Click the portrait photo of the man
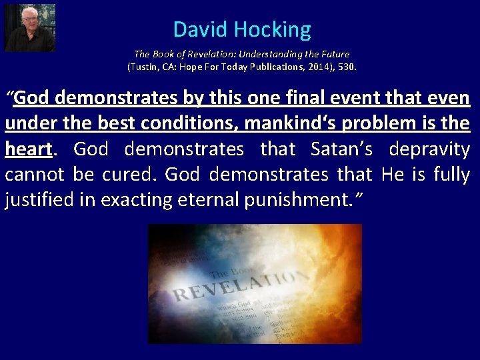point(29,28)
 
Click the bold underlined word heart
point(27,149)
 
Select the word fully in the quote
point(451,175)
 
